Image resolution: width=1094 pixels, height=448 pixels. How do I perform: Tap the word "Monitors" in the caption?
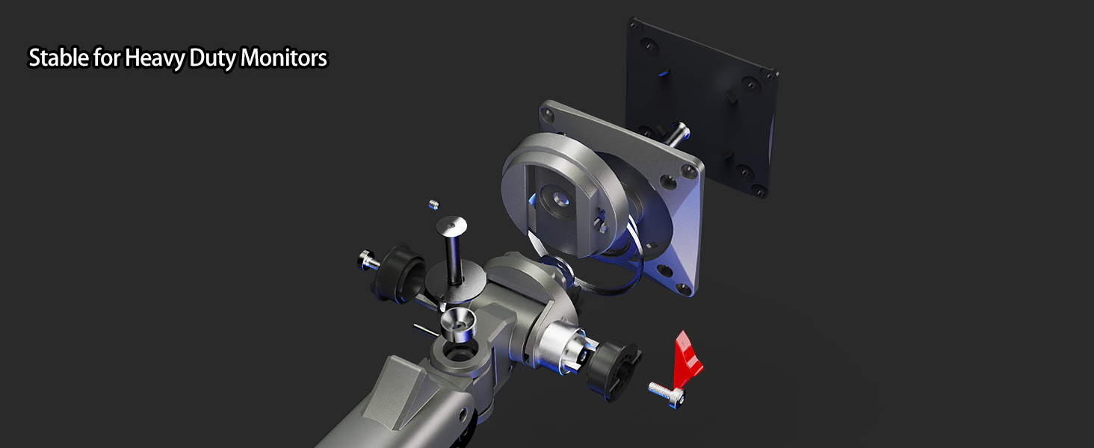tap(284, 58)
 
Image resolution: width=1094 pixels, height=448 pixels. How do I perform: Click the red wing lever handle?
tap(688, 355)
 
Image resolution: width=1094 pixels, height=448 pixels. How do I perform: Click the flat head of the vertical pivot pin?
tap(452, 224)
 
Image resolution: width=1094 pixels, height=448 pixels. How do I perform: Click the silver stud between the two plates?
tap(679, 134)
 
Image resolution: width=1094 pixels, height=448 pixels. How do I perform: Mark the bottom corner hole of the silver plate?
tap(680, 288)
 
